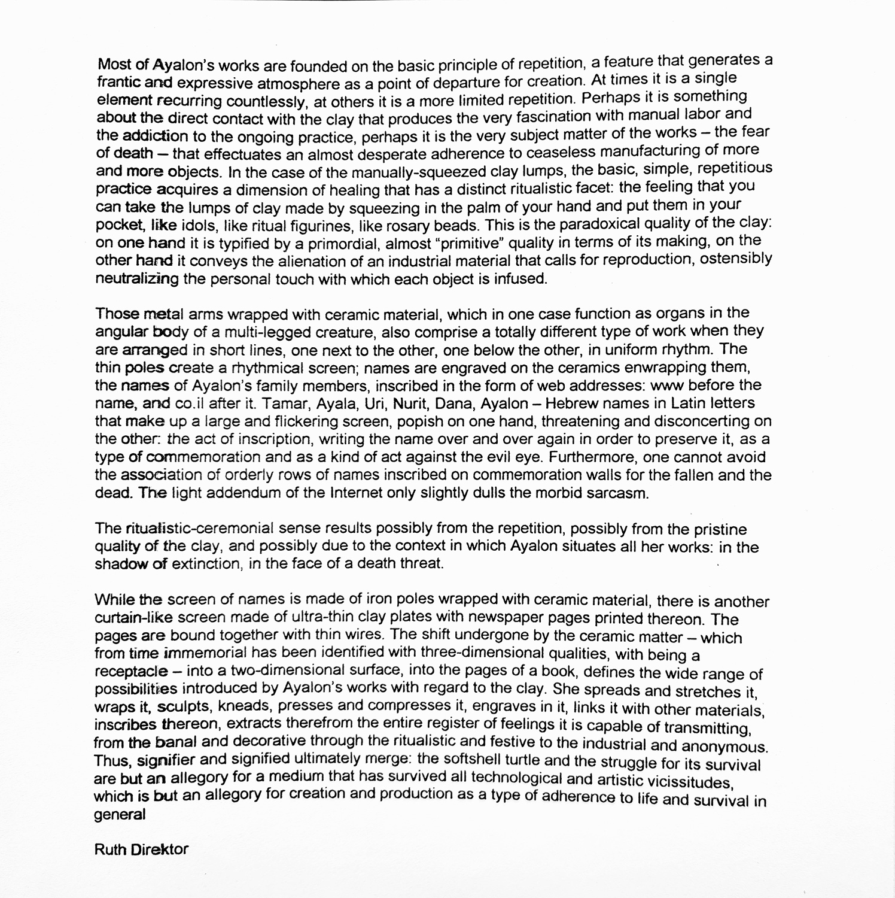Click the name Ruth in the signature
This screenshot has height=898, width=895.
click(x=109, y=849)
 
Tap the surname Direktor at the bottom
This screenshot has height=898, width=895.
click(x=159, y=849)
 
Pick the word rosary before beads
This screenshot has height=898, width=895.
click(x=428, y=226)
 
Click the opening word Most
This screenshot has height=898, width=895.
click(x=112, y=64)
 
